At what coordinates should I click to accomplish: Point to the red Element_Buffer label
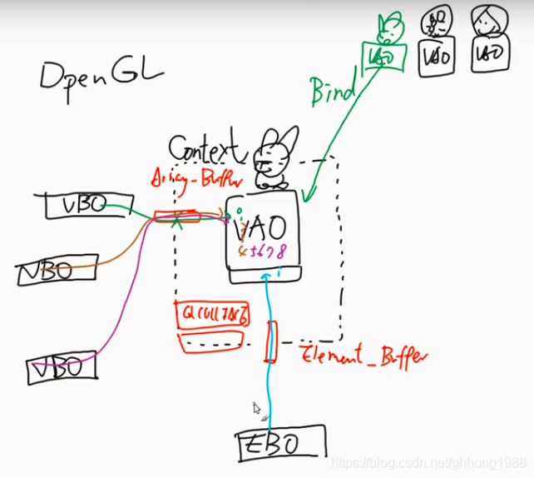363,356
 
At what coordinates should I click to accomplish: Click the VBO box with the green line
76,205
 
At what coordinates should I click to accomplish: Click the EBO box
279,442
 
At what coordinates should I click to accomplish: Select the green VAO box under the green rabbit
382,57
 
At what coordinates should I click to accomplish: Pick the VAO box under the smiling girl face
487,55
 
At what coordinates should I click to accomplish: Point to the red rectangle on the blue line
269,342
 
